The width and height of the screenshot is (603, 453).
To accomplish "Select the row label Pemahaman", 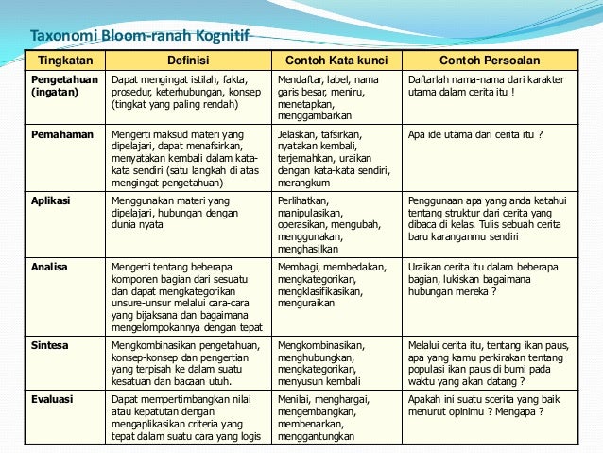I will pos(62,134).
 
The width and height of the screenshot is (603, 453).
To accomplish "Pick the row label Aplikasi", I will pos(52,201).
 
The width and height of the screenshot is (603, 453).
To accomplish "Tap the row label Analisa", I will pos(49,268).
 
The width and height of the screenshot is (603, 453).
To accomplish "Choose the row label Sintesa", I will pos(50,346).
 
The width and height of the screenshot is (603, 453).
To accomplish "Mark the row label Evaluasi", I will pos(53,400).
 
